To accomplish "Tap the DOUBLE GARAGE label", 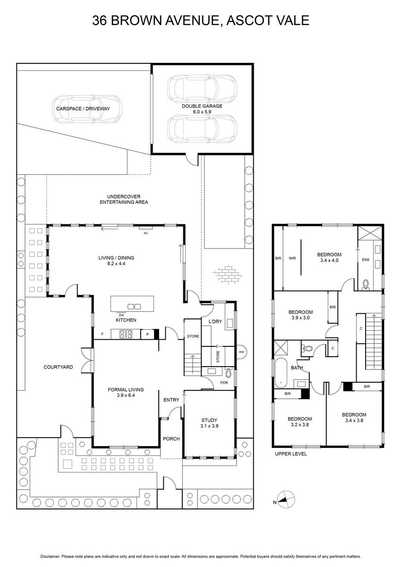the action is pyautogui.click(x=202, y=106).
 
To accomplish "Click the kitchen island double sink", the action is pyautogui.click(x=134, y=307).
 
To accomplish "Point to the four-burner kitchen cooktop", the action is pyautogui.click(x=126, y=334).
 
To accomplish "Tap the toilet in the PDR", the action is pyautogui.click(x=229, y=373).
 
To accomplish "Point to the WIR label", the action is pyautogui.click(x=292, y=258).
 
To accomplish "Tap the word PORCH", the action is pyautogui.click(x=171, y=439).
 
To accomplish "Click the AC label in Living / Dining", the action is pyautogui.click(x=146, y=233).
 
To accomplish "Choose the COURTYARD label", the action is pyautogui.click(x=58, y=367).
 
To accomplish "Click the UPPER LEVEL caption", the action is pyautogui.click(x=290, y=454).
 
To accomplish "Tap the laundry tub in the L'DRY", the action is pyautogui.click(x=230, y=324).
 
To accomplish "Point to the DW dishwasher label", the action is pyautogui.click(x=121, y=315).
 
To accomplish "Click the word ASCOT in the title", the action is pyautogui.click(x=247, y=20).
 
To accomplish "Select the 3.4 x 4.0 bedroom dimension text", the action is pyautogui.click(x=329, y=260).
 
